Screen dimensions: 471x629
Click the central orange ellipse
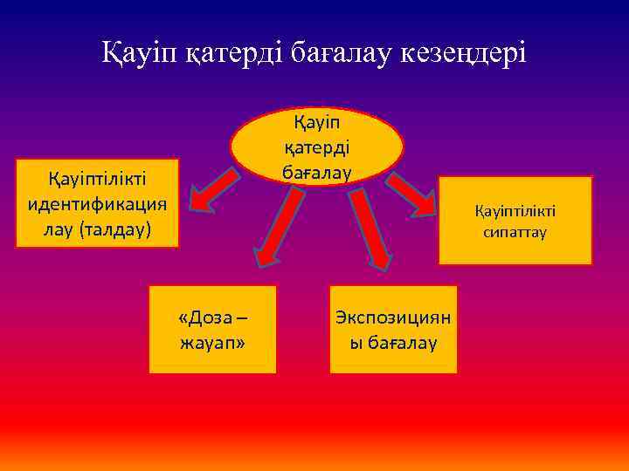[x=316, y=146]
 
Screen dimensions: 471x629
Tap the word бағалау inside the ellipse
[x=316, y=172]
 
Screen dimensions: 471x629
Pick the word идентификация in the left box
[x=97, y=203]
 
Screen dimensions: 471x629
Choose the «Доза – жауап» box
[x=212, y=329]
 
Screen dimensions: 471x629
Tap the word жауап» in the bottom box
[x=212, y=342]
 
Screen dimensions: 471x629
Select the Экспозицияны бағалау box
[x=393, y=329]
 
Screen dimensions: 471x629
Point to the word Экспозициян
[x=393, y=317]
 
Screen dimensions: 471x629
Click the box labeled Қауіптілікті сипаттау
[x=515, y=220]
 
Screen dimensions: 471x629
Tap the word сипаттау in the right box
[x=515, y=232]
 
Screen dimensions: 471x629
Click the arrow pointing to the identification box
[x=214, y=191]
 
